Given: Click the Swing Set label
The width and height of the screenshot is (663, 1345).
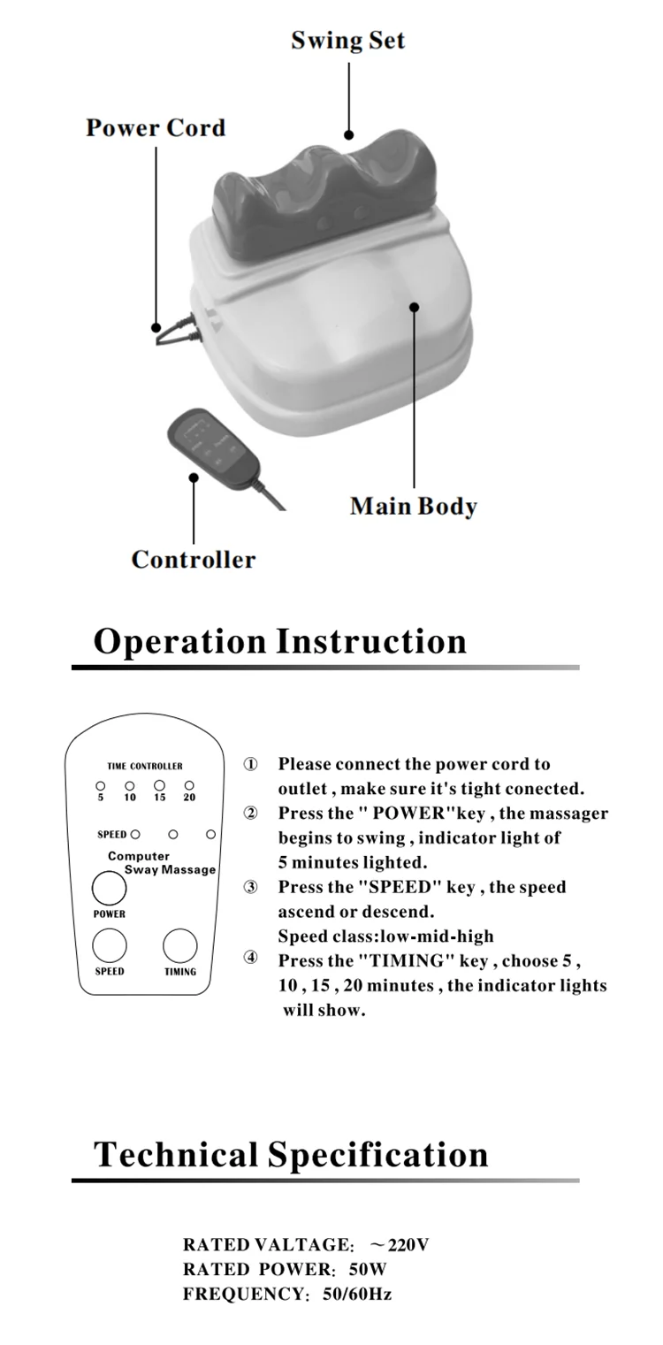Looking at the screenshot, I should pos(348,41).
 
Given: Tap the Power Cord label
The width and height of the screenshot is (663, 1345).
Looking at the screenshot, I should pos(156,128).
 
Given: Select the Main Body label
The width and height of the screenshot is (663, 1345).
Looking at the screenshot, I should pos(413,507).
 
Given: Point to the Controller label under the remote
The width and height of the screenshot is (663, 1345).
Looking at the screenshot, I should pos(193,560).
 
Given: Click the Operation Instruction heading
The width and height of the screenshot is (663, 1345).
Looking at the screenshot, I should pos(280,640).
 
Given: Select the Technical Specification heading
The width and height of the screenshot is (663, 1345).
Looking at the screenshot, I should pos(291,1155).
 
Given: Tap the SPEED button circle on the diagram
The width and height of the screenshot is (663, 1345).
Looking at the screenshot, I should pos(110,945).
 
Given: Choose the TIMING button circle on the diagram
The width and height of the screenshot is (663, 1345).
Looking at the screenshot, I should pos(180,945).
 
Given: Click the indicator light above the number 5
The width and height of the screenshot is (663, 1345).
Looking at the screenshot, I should pos(100,784).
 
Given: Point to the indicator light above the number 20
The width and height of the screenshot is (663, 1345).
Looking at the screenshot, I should pos(189,784).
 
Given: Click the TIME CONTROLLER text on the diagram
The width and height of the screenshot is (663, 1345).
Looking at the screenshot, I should pos(145,766).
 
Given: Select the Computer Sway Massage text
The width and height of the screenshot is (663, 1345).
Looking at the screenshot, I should pos(159,863).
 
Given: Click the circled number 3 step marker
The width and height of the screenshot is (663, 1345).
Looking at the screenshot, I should pos(251,887).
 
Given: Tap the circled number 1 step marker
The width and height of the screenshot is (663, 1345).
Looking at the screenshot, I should pos(251,764).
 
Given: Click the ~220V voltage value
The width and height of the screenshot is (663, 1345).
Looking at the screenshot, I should pos(400,1245).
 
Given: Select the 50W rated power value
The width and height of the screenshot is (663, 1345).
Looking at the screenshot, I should pos(368,1270).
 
